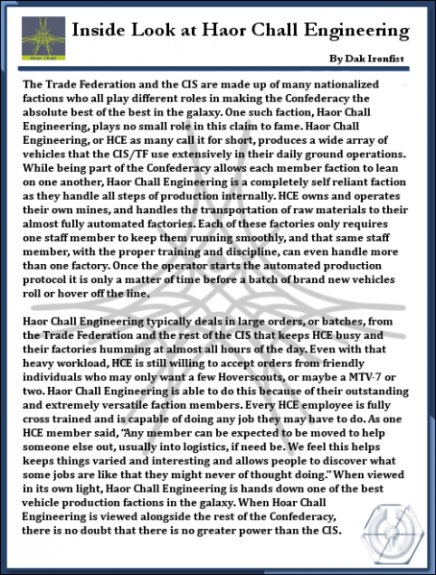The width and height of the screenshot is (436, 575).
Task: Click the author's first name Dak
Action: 347,59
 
